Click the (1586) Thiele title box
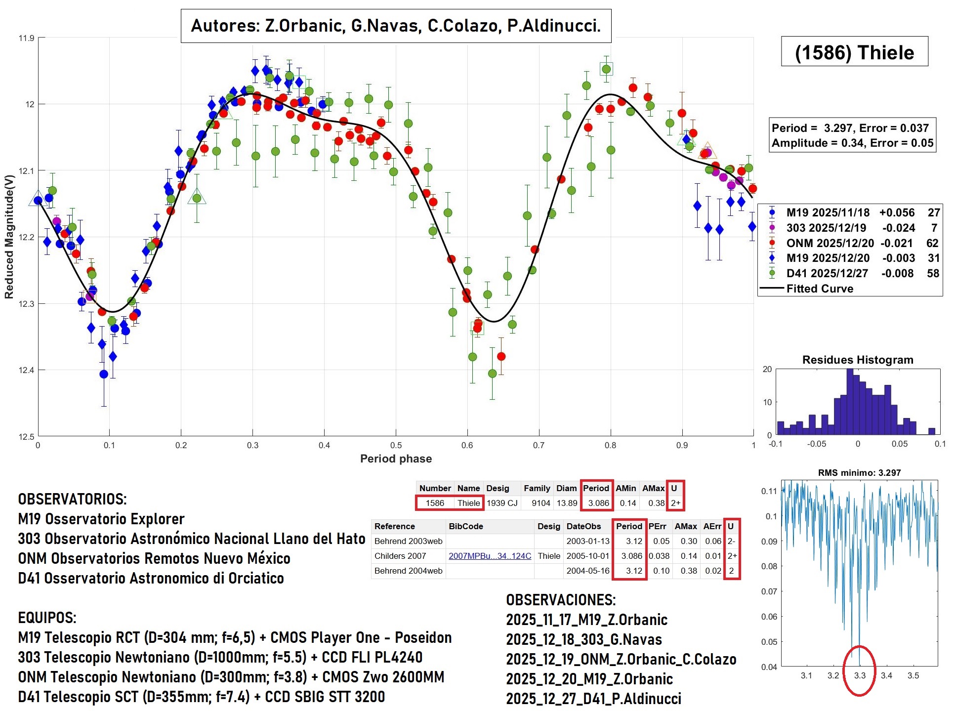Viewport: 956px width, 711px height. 854,52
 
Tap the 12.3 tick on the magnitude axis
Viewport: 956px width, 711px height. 26,304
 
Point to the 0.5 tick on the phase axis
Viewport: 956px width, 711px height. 396,445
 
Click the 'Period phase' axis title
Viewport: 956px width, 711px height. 396,459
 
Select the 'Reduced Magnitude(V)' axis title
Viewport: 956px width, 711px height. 9,237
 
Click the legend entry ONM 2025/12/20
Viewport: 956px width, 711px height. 830,243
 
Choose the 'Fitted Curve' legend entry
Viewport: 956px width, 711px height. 819,289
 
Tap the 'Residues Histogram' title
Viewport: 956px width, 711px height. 857,360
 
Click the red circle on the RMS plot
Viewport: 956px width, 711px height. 859,670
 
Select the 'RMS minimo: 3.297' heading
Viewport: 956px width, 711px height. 859,473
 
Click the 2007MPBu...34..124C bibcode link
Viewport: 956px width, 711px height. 490,556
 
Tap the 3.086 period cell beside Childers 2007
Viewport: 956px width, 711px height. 631,556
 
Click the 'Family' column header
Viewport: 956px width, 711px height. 537,488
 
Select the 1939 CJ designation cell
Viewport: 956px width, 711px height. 502,503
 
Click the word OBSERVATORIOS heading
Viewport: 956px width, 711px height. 72,499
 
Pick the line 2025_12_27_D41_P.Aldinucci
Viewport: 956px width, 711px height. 593,699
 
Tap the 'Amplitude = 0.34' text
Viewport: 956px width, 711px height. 818,143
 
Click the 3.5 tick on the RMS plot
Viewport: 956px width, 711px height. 913,675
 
